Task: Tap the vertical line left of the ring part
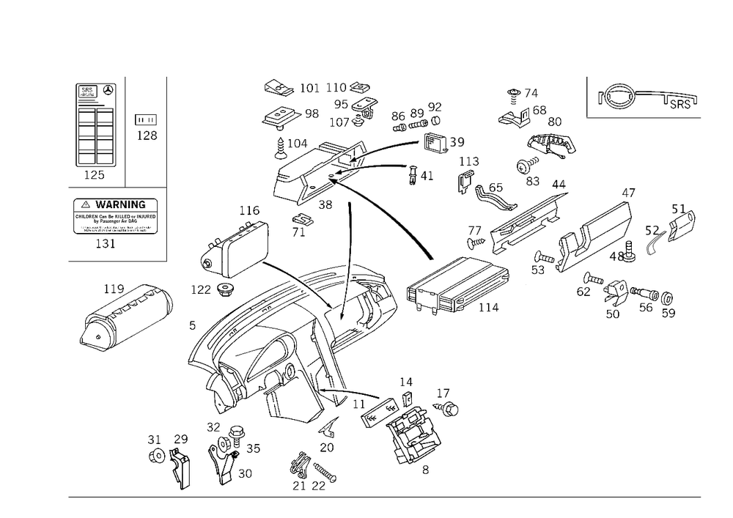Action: click(586, 97)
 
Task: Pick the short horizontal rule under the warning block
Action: click(117, 260)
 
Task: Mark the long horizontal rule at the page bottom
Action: click(384, 496)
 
